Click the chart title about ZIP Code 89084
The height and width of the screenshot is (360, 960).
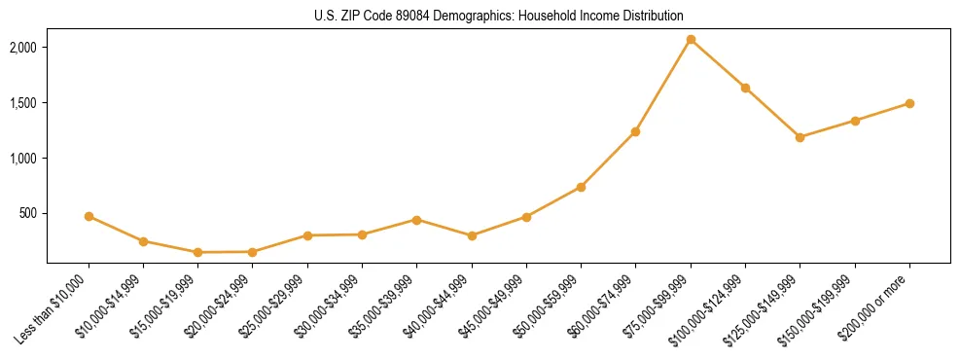pos(498,16)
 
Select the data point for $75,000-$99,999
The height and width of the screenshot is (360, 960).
pos(691,39)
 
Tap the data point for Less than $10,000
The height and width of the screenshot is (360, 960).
pos(89,216)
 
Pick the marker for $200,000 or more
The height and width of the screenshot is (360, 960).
pos(909,103)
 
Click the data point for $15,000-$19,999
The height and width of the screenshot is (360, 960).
pos(197,252)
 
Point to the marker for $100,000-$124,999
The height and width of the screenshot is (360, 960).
pos(745,88)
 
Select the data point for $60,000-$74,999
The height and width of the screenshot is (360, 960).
pos(635,131)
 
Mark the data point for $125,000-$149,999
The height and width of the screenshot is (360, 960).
pos(800,137)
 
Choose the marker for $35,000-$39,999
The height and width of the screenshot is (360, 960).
pos(416,220)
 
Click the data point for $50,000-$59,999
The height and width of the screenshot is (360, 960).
pos(581,187)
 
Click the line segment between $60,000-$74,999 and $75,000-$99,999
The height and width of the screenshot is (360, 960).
pos(663,85)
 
